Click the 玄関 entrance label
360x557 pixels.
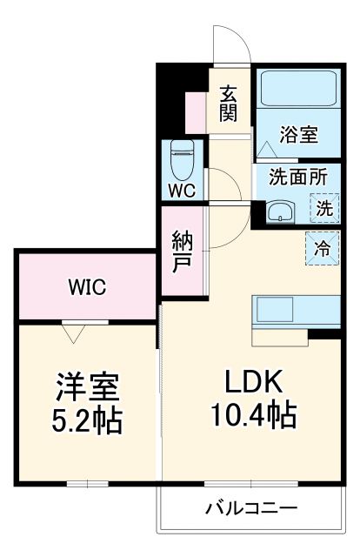click(229, 103)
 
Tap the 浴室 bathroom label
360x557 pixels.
click(298, 135)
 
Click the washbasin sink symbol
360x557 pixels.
click(280, 211)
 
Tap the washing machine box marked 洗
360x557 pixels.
click(323, 209)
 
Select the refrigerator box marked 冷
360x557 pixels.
click(322, 247)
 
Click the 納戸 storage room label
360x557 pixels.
click(182, 249)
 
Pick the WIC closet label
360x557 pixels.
click(87, 286)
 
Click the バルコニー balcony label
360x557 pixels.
click(251, 507)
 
